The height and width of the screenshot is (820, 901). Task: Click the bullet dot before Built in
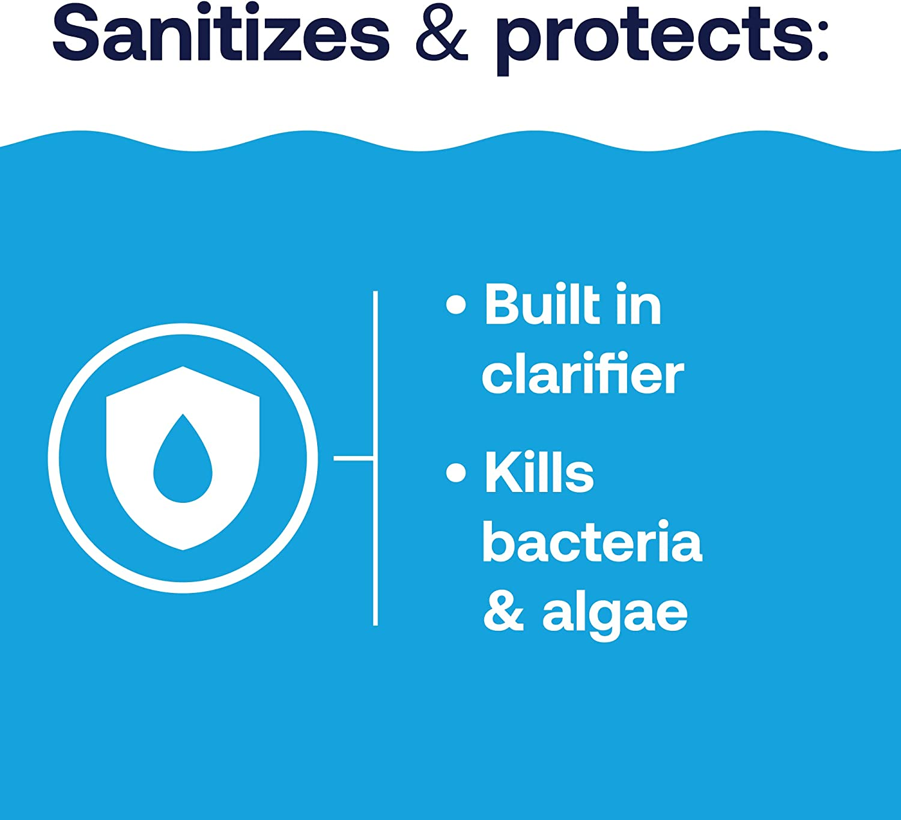coord(456,305)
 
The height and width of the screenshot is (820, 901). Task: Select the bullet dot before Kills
coord(456,472)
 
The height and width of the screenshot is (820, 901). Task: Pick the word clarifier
coord(583,374)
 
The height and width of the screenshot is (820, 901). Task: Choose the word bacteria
coord(592,542)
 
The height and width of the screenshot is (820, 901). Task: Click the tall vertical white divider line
coord(375,541)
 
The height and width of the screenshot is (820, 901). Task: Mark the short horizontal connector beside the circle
coord(353,458)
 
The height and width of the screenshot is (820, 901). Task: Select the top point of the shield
coord(183,368)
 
